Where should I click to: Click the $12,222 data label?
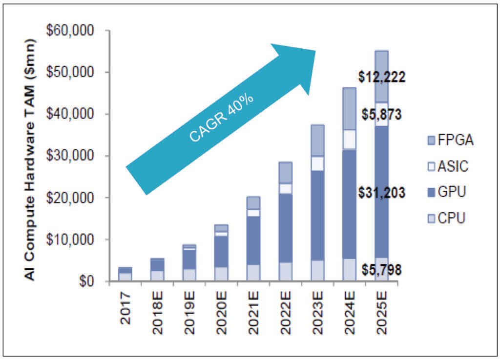(381, 77)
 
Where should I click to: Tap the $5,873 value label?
(381, 115)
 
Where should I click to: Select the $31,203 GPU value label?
(381, 193)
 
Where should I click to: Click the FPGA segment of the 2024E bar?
(350, 108)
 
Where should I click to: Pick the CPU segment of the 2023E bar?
(317, 271)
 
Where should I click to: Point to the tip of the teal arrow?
(315, 50)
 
